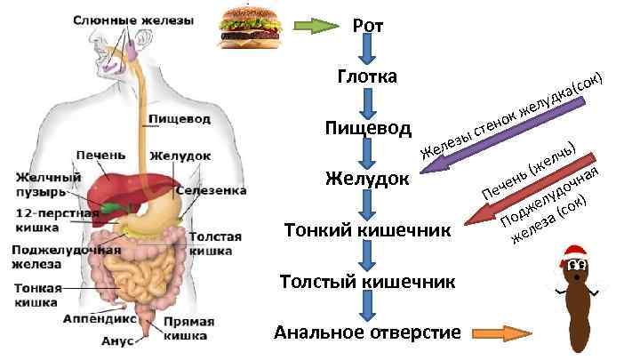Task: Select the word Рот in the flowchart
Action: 368,26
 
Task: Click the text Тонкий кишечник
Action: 367,230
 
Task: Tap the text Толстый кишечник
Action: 367,282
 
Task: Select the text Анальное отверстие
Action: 367,333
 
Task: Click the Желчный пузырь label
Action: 48,185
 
